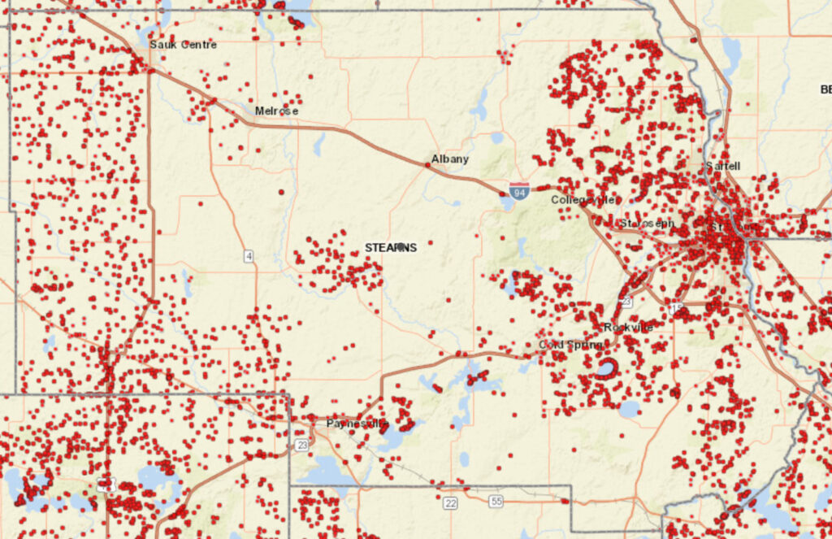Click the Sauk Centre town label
[x=183, y=45]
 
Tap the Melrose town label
[x=276, y=111]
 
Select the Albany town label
[x=449, y=159]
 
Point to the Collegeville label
[x=583, y=200]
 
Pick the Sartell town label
[x=722, y=166]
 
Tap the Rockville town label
[x=628, y=328]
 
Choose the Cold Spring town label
[x=570, y=346]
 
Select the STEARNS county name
[x=391, y=247]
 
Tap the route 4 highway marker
[x=249, y=257]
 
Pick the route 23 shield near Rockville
[x=626, y=301]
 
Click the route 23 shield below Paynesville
[x=302, y=445]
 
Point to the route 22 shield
[x=450, y=503]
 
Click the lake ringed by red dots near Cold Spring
[x=605, y=369]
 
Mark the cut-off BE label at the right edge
[x=825, y=89]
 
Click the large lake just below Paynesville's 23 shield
[x=329, y=471]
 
